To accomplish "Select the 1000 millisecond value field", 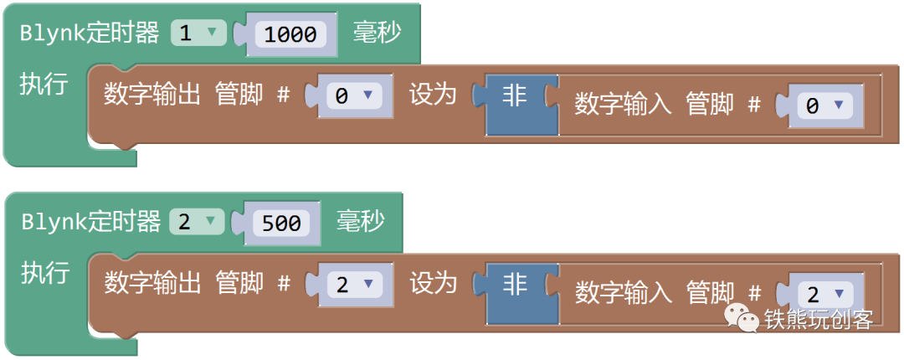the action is [x=290, y=34].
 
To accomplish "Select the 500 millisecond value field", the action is [x=281, y=223].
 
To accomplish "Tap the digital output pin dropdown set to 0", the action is [x=352, y=96].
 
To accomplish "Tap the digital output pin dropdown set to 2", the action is [x=352, y=285].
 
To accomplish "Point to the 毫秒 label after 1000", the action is [x=377, y=33].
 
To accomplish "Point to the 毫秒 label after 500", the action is [x=361, y=222].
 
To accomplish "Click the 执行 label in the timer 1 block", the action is [x=44, y=85].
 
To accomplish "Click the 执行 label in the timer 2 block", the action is [x=44, y=273].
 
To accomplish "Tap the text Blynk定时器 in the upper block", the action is [x=90, y=33].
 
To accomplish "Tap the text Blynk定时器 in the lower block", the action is [x=90, y=222].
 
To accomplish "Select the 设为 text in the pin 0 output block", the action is [x=432, y=95].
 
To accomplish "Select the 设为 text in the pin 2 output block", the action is [x=432, y=283].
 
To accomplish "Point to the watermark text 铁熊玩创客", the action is [x=818, y=319].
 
